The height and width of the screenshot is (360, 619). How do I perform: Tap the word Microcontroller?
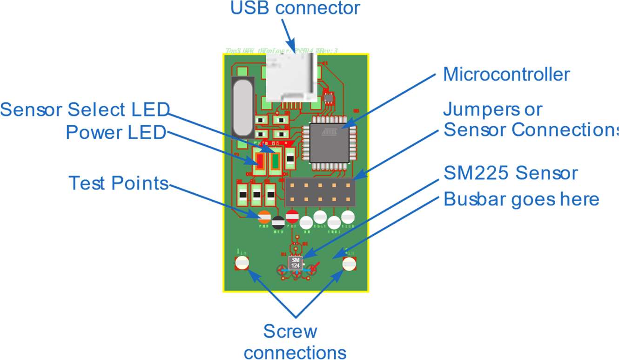point(506,75)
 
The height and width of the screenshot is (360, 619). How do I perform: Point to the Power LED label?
point(116,133)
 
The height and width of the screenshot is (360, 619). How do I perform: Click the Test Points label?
point(118,183)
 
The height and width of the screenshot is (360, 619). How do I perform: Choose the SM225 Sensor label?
point(511,173)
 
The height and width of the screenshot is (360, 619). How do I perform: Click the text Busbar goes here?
point(521,199)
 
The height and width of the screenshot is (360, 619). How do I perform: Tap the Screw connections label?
point(295,342)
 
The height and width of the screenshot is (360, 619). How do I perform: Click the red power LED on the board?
point(261,161)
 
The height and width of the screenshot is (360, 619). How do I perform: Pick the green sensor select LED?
point(275,161)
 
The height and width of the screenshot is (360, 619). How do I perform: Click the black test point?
point(278,222)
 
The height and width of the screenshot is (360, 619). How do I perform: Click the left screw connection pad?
point(242,264)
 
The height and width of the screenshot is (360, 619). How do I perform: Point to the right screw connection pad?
point(349,264)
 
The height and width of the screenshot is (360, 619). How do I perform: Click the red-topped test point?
point(292,216)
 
